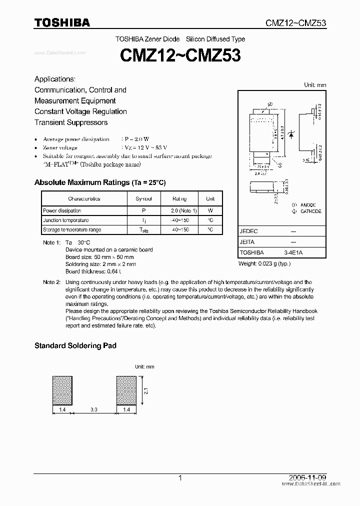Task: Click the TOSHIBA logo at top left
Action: tap(62, 22)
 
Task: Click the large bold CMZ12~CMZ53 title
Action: tap(180, 55)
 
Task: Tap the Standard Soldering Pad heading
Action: tap(75, 345)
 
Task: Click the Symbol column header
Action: tap(143, 198)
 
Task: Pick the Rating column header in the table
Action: tap(179, 198)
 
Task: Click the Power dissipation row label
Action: tap(62, 210)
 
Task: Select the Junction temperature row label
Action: tap(65, 220)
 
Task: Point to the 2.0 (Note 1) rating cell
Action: tap(184, 210)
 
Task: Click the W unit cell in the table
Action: tap(210, 210)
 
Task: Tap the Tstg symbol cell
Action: tap(143, 230)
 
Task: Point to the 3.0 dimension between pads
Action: tap(94, 410)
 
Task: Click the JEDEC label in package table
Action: tap(248, 232)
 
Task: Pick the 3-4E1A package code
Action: tap(293, 253)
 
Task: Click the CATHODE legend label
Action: tap(310, 211)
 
